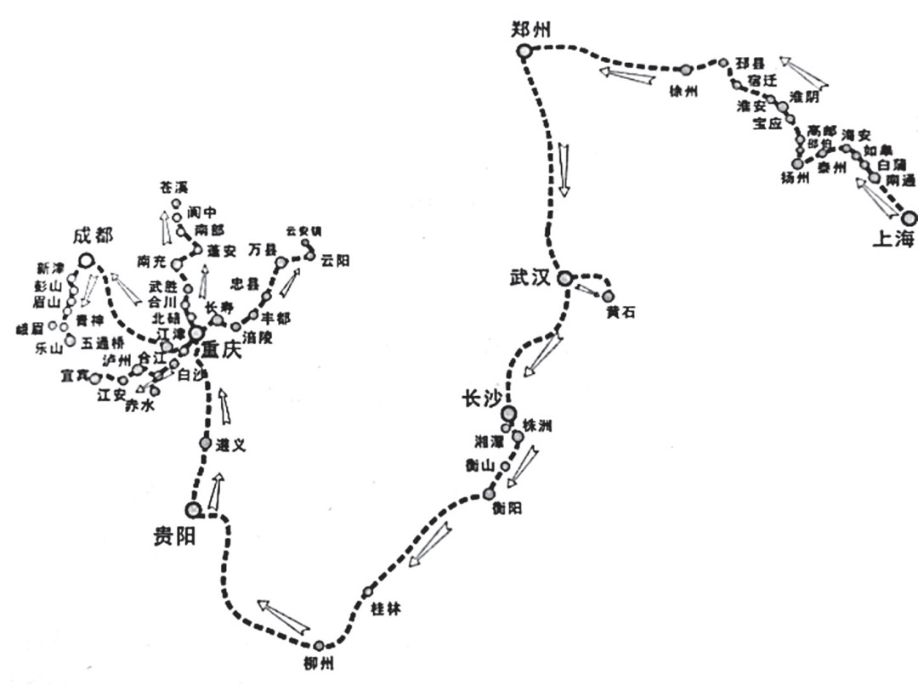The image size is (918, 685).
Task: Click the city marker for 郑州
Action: point(524,51)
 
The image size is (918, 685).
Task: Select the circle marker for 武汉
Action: point(566,277)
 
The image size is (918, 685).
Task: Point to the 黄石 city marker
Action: point(609,296)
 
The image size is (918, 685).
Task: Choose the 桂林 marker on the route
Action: point(368,592)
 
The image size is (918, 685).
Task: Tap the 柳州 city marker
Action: point(319,646)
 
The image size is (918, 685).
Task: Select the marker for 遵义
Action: point(206,443)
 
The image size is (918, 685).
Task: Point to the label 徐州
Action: point(683,91)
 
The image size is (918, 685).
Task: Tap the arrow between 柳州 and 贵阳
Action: point(283,615)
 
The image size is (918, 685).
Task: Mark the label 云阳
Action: point(335,260)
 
